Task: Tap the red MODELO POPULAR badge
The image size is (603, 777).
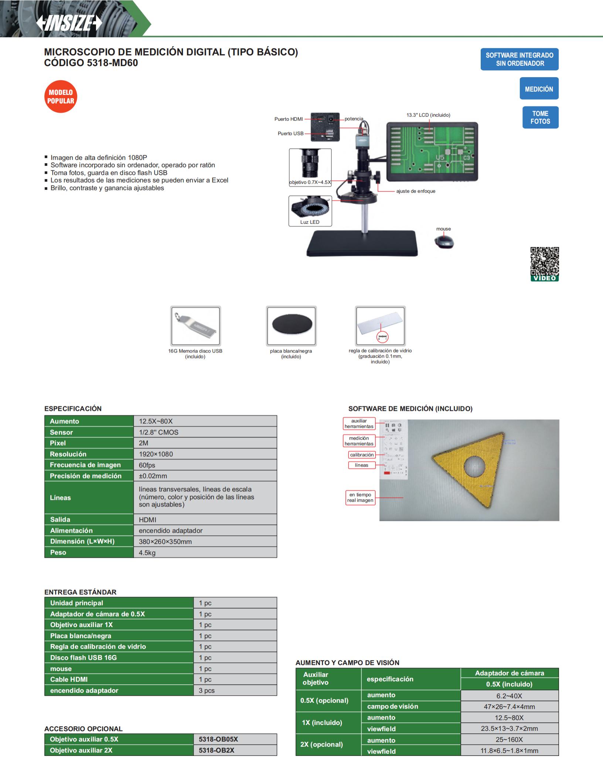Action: pos(61,96)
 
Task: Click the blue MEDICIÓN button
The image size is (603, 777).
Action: pos(539,89)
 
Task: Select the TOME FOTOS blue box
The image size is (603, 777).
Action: pos(540,117)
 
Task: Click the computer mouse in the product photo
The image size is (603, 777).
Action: pos(444,242)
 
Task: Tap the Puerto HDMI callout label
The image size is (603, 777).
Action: pos(289,119)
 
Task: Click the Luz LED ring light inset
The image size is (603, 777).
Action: pos(310,211)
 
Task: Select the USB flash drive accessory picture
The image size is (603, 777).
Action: pos(195,326)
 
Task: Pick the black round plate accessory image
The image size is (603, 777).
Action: pos(292,326)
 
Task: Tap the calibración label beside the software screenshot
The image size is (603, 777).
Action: pos(362,455)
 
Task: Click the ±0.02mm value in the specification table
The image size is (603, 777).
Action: pos(153,476)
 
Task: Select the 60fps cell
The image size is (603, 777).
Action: pos(147,465)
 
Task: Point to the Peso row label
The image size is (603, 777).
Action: pos(58,552)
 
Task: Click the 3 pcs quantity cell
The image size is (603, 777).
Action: pos(207,690)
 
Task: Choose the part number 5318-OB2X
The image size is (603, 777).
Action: pos(217,750)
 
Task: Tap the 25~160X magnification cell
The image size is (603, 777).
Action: pos(509,739)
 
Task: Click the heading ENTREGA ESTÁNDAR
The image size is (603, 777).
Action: pos(80,592)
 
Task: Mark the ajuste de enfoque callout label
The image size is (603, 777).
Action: pos(416,191)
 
